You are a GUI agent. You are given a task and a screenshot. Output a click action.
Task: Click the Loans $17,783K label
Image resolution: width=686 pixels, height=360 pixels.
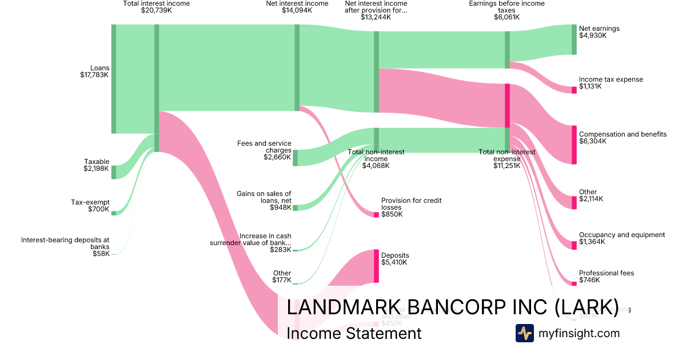(x=94, y=71)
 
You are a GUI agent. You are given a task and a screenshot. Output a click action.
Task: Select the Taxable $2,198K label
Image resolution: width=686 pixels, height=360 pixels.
(x=96, y=165)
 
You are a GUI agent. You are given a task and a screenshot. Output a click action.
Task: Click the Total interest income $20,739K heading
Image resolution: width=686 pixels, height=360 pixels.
(x=156, y=7)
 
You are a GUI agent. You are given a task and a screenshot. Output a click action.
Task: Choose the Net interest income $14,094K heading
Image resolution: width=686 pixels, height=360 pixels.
(x=297, y=7)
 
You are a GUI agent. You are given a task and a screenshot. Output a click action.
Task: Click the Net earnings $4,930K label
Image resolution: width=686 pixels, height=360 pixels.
(x=599, y=32)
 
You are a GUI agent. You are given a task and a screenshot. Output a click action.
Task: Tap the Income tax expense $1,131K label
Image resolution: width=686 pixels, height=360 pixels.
(x=611, y=83)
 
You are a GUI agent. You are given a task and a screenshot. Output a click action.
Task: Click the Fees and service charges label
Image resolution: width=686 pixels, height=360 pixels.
(x=264, y=150)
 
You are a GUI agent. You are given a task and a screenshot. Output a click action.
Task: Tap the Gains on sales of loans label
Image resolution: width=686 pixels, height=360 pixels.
(x=264, y=200)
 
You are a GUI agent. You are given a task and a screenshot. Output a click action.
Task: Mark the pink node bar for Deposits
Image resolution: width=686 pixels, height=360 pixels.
(x=376, y=266)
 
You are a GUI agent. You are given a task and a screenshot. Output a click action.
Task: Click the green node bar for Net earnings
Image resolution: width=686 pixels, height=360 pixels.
(x=574, y=39)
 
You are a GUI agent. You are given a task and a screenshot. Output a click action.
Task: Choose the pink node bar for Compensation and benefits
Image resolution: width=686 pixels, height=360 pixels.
(x=574, y=145)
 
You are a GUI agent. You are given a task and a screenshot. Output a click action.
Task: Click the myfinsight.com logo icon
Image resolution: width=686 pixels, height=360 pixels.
(x=524, y=333)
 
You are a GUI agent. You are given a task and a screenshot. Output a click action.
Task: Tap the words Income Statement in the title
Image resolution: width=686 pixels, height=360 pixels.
(x=354, y=333)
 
